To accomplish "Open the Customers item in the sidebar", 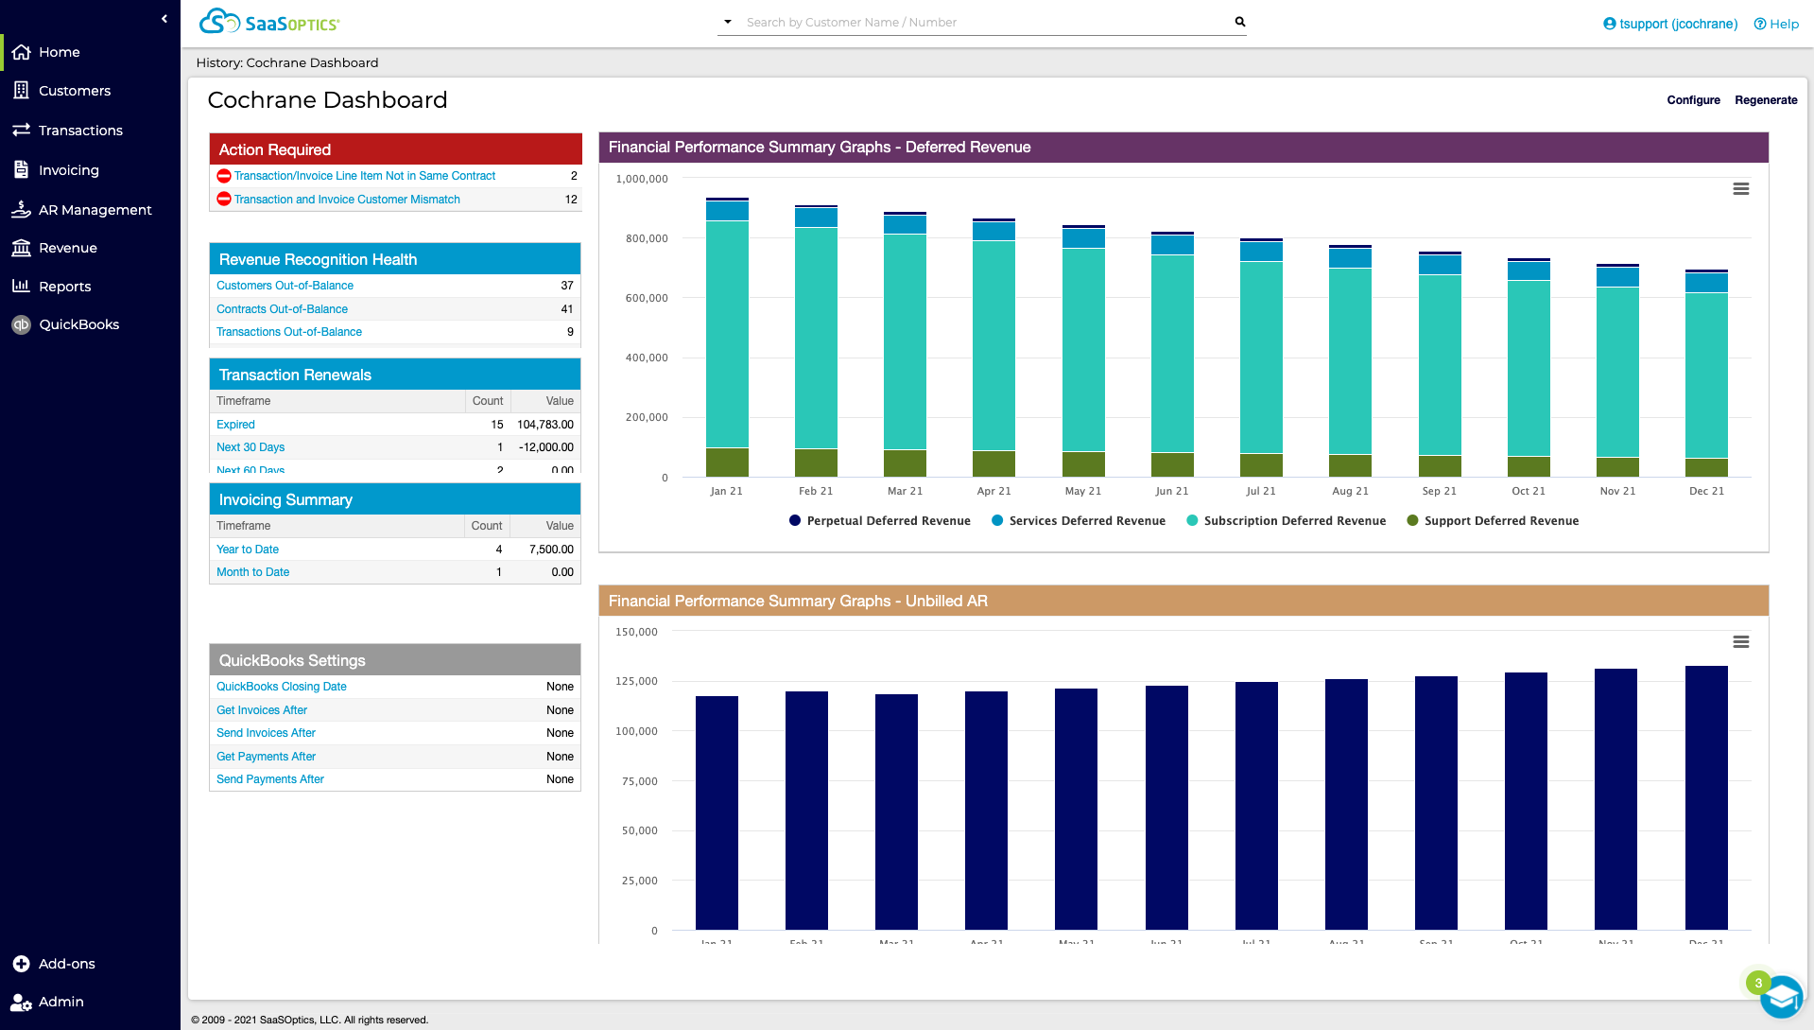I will point(74,91).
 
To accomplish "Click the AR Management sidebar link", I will point(95,210).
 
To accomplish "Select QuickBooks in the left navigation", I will point(78,324).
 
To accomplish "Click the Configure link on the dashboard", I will point(1693,100).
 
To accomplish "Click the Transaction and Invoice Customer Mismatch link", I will point(347,200).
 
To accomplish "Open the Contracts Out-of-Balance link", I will point(282,309).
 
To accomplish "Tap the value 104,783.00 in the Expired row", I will point(544,425).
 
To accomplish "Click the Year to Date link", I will point(248,550).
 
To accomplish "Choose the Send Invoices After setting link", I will point(266,733).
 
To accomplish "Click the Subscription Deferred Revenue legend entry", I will point(1294,521).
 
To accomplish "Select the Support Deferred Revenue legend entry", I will point(1500,521).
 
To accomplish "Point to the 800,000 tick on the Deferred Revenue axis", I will point(647,238).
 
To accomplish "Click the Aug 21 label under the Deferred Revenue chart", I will point(1350,491).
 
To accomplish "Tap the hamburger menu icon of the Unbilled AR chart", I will point(1740,642).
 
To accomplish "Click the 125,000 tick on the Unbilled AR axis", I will point(636,681).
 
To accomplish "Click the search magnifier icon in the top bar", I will point(1239,22).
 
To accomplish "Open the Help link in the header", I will point(1776,24).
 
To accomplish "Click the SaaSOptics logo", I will point(269,22).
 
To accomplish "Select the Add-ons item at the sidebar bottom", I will point(66,964).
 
